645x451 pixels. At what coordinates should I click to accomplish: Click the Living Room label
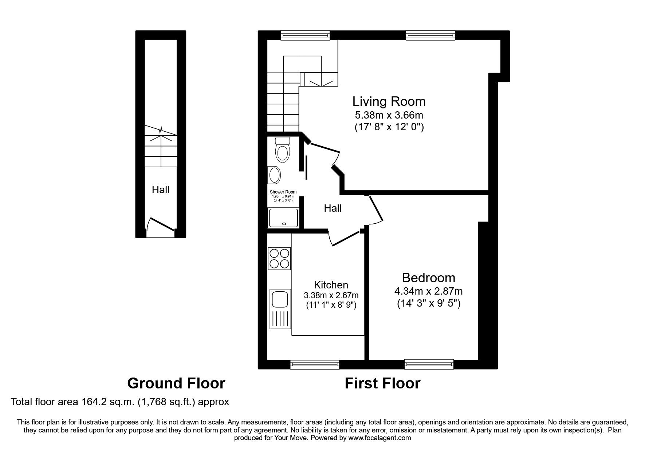(389, 101)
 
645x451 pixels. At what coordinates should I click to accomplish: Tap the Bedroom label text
(428, 278)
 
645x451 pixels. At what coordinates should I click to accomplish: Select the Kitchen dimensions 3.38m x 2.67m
(331, 295)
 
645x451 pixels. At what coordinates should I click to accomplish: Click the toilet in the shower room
(282, 149)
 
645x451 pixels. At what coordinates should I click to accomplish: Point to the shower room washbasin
(274, 175)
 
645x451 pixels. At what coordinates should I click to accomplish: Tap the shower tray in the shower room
(283, 217)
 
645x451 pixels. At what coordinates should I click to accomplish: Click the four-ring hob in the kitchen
(279, 258)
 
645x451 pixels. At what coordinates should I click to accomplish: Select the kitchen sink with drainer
(279, 308)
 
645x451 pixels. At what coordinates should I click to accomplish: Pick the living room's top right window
(430, 35)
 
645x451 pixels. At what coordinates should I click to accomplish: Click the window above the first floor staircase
(306, 35)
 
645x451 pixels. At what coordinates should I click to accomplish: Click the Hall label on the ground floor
(161, 189)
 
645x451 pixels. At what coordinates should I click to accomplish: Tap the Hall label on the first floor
(333, 208)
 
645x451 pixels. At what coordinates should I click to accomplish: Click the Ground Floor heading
(176, 383)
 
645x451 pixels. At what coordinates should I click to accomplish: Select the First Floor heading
(382, 383)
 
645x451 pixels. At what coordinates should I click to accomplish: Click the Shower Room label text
(283, 192)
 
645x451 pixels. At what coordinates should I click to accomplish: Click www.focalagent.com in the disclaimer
(379, 438)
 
